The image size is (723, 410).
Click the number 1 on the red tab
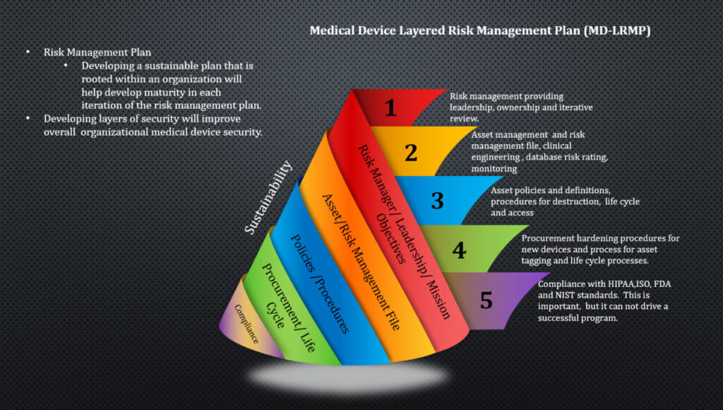click(x=390, y=107)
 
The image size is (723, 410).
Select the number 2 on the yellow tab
click(x=411, y=152)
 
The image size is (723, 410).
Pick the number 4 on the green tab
click(x=460, y=250)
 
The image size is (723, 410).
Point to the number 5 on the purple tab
click(x=486, y=300)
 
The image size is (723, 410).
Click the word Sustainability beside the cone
click(x=268, y=197)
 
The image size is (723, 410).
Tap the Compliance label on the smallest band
click(x=246, y=324)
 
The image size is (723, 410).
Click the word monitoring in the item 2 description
click(x=494, y=169)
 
